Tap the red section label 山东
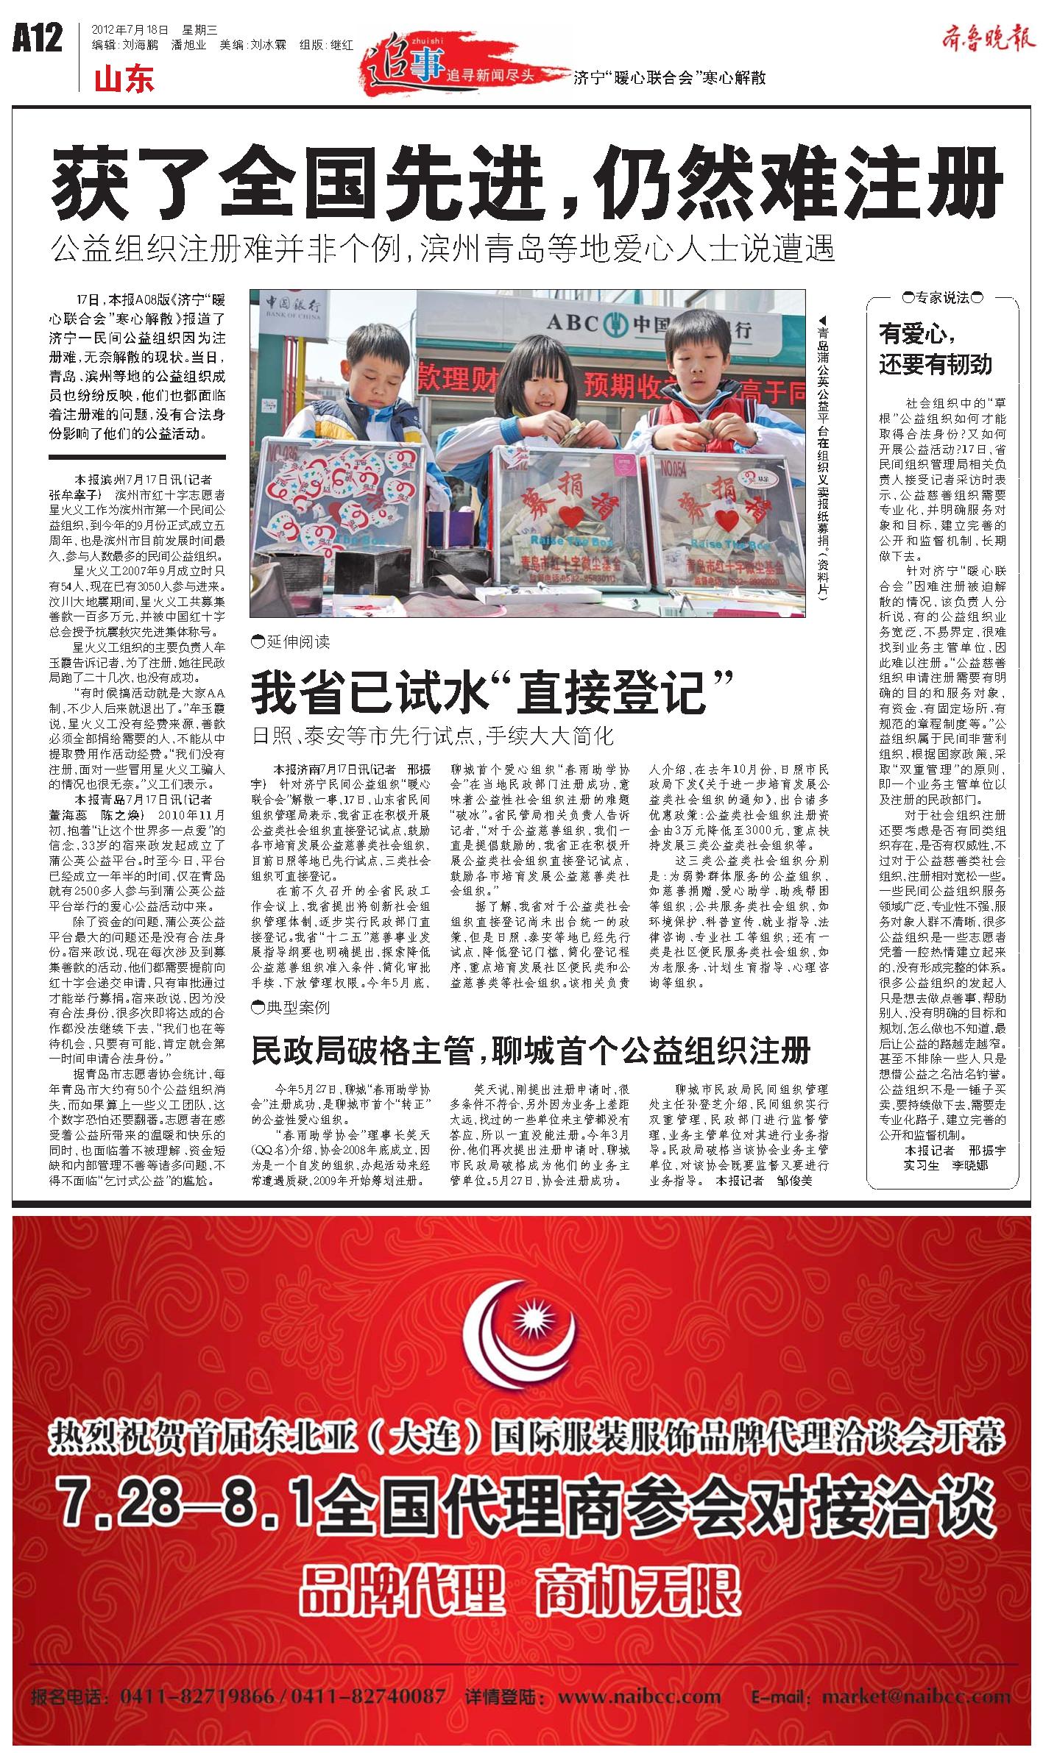pyautogui.click(x=124, y=79)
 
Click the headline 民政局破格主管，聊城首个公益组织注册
pyautogui.click(x=530, y=1050)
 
